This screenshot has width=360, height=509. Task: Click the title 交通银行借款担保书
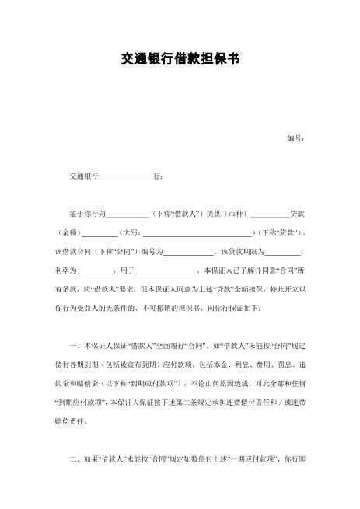[x=180, y=59]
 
